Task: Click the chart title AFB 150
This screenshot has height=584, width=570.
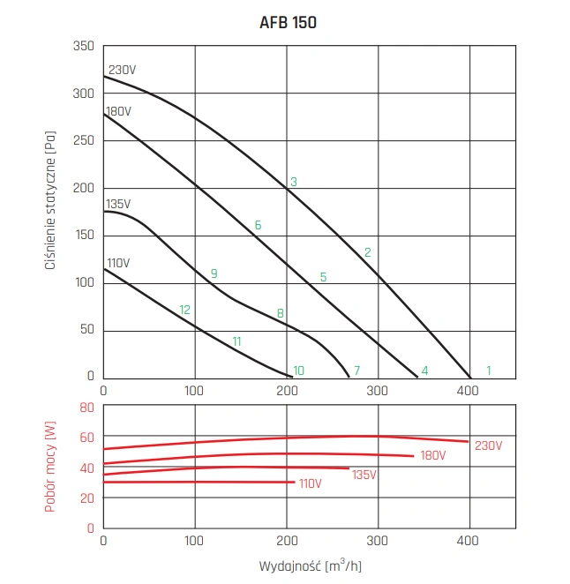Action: pyautogui.click(x=284, y=23)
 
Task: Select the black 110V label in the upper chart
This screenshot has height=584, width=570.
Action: pyautogui.click(x=118, y=263)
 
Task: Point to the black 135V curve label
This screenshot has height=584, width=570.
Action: pyautogui.click(x=118, y=204)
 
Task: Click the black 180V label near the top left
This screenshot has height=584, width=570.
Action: pyautogui.click(x=118, y=112)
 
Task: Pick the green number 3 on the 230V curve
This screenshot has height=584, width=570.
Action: pyautogui.click(x=294, y=183)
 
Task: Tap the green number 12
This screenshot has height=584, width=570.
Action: pyautogui.click(x=184, y=310)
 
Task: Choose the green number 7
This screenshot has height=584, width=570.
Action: pyautogui.click(x=356, y=371)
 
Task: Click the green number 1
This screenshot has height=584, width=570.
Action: pyautogui.click(x=488, y=371)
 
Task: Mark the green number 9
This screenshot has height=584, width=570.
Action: pyautogui.click(x=214, y=274)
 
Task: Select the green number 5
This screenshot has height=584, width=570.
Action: pyautogui.click(x=323, y=277)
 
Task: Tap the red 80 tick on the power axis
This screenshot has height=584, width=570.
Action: pyautogui.click(x=86, y=408)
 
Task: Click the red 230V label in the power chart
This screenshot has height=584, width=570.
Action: pyautogui.click(x=488, y=445)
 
